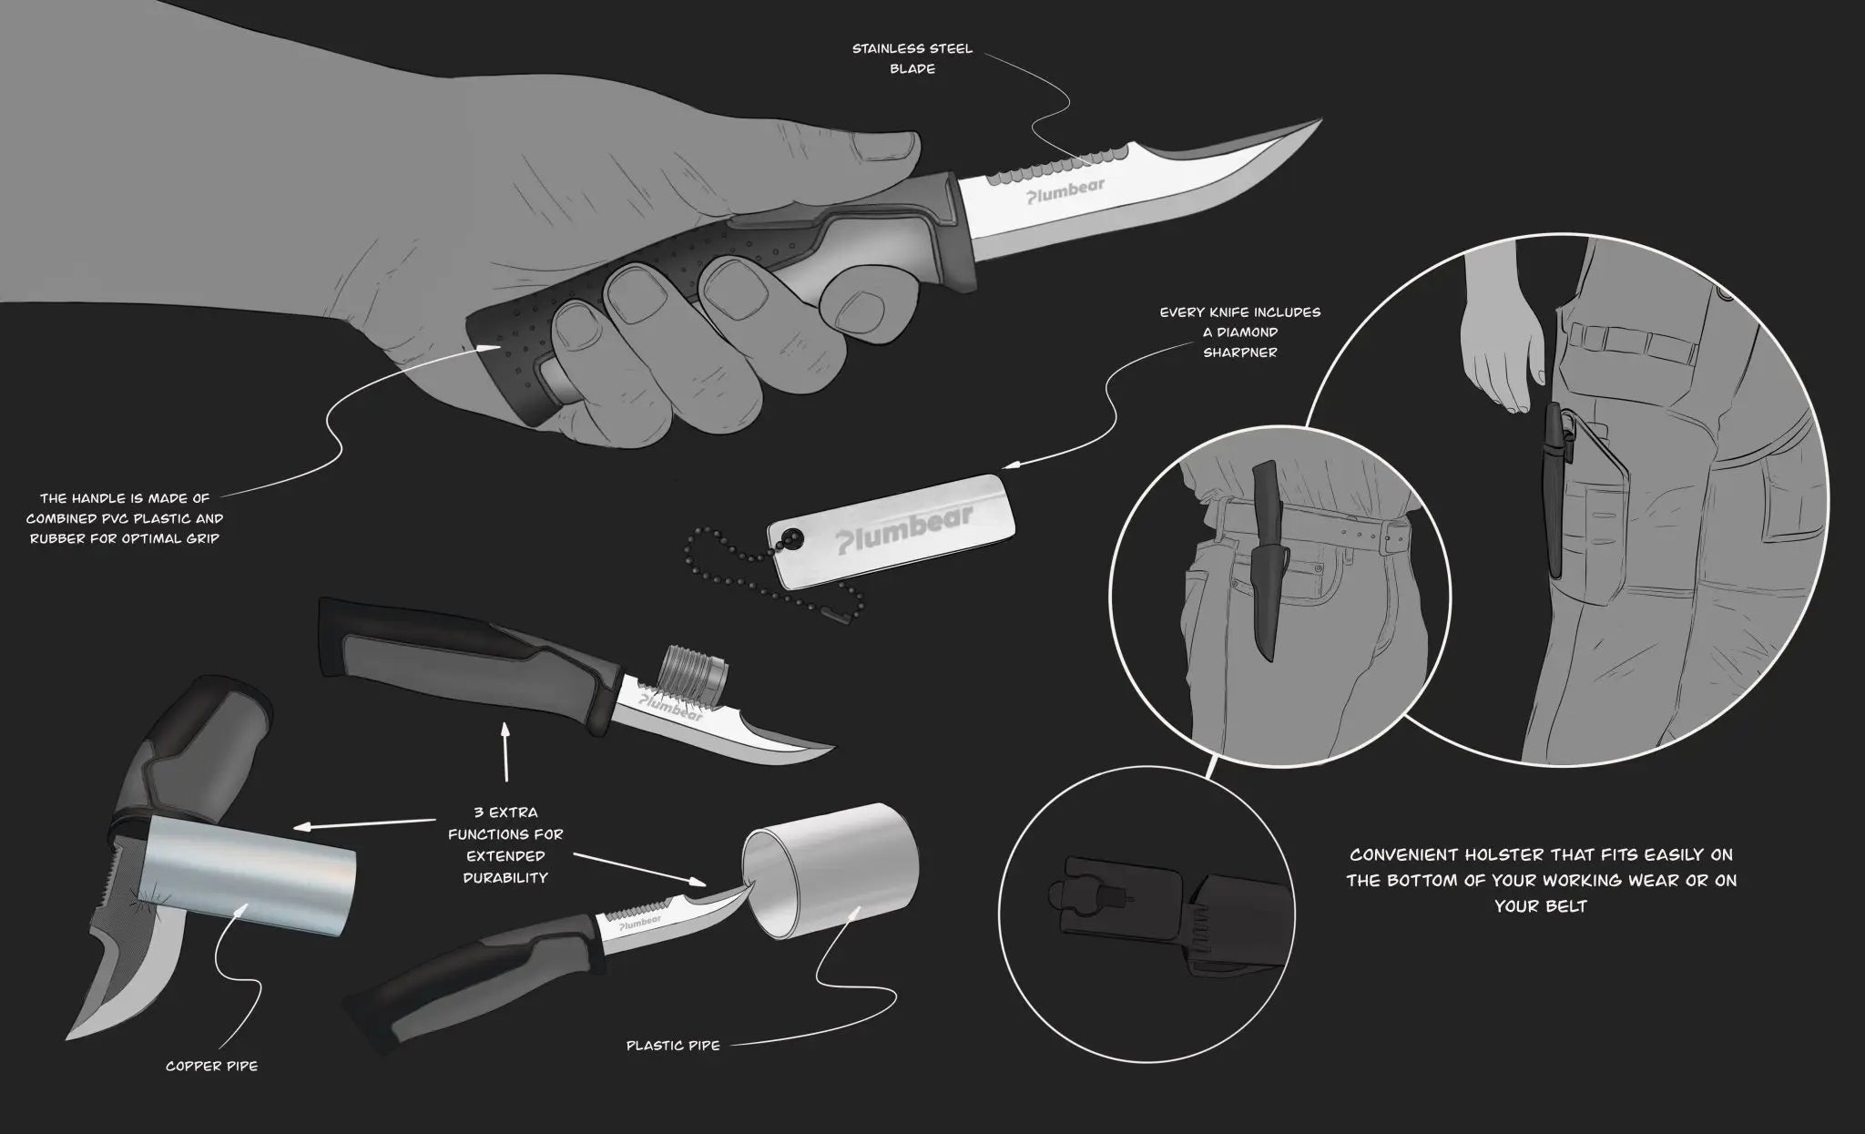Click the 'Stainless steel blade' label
point(912,58)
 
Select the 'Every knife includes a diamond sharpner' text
point(1239,332)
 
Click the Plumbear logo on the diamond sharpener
point(905,527)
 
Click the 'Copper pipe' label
point(211,1066)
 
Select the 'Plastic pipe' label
point(673,1046)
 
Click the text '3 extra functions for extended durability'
point(505,845)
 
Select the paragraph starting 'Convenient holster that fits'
point(1541,880)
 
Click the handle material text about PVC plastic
point(125,518)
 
